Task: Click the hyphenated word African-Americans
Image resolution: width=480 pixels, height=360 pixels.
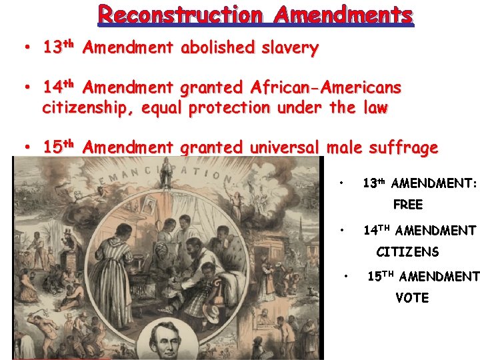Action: pyautogui.click(x=326, y=88)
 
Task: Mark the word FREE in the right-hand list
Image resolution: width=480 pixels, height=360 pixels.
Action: pyautogui.click(x=407, y=205)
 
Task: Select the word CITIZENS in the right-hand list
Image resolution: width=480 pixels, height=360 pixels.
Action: pyautogui.click(x=407, y=252)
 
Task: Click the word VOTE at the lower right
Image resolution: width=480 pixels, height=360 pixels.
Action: pyautogui.click(x=412, y=298)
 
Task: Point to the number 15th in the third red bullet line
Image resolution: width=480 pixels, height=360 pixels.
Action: pyautogui.click(x=61, y=147)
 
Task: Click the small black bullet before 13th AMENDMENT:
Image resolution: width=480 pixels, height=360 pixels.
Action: pyautogui.click(x=341, y=182)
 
